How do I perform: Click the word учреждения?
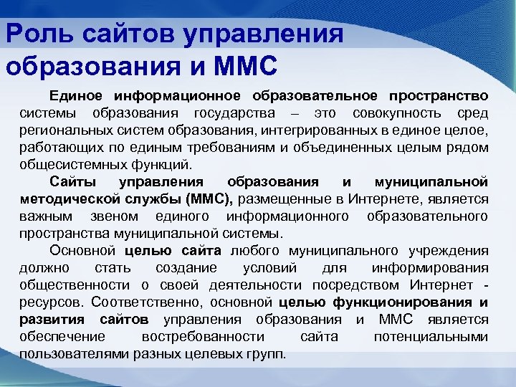point(449,252)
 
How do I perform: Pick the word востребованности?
point(205,338)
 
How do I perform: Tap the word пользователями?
point(68,355)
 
